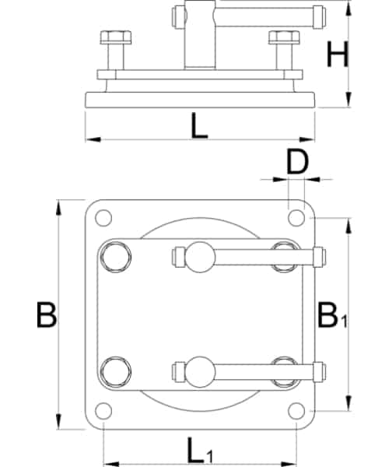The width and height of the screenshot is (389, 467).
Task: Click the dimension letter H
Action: tap(338, 54)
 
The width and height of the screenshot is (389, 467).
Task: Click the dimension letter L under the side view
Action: tap(199, 126)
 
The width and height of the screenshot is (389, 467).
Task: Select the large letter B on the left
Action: tap(47, 314)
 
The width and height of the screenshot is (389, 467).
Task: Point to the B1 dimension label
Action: tap(332, 315)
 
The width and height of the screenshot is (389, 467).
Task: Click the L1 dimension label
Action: tap(200, 450)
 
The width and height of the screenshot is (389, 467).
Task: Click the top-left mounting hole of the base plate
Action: tap(103, 218)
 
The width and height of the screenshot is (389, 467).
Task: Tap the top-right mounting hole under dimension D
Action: tap(296, 218)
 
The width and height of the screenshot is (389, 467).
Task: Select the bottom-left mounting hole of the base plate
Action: tap(103, 411)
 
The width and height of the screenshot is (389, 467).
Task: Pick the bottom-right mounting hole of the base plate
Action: tap(296, 411)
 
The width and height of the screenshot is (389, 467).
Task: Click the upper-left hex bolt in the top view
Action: tap(116, 257)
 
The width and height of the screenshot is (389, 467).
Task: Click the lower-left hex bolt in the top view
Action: tap(116, 372)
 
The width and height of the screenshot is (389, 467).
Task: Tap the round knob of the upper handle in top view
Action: tap(200, 258)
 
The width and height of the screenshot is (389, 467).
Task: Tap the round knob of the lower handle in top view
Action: tap(200, 372)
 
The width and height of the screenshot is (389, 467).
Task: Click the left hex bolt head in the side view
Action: tap(116, 37)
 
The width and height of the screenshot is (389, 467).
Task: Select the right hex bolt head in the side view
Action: tap(284, 37)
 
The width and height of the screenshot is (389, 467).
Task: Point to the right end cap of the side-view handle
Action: tap(319, 17)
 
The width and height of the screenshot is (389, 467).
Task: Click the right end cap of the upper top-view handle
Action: tap(319, 258)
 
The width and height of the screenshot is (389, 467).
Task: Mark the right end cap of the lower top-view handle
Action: tap(319, 372)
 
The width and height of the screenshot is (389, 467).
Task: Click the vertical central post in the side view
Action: tap(200, 34)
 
